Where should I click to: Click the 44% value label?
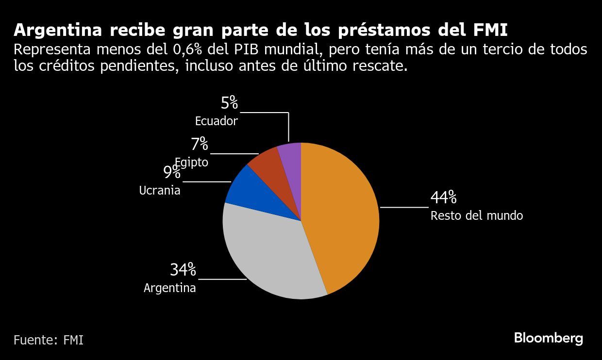(443, 198)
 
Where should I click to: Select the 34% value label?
(183, 269)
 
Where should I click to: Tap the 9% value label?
(171, 172)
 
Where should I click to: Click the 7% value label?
(199, 144)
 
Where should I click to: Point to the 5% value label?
(229, 103)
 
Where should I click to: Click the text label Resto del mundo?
(476, 215)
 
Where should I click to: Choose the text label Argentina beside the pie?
(169, 288)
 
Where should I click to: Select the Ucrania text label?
(159, 191)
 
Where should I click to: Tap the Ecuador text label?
(216, 121)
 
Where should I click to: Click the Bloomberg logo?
(548, 338)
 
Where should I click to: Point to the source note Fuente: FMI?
(48, 340)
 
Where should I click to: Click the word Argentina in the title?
(58, 30)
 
